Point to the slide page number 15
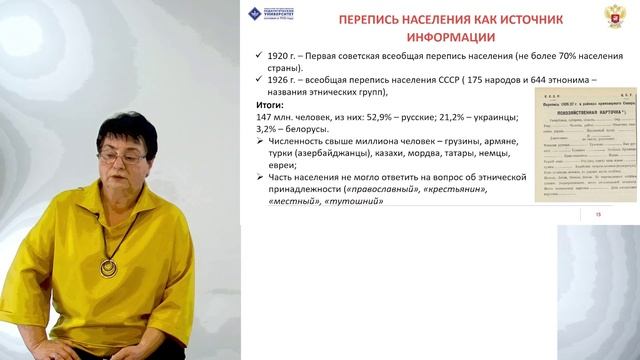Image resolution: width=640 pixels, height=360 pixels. coord(599,213)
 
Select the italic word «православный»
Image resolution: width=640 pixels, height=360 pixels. coord(383,189)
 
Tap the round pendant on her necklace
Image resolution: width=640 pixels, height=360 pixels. coord(108,267)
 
